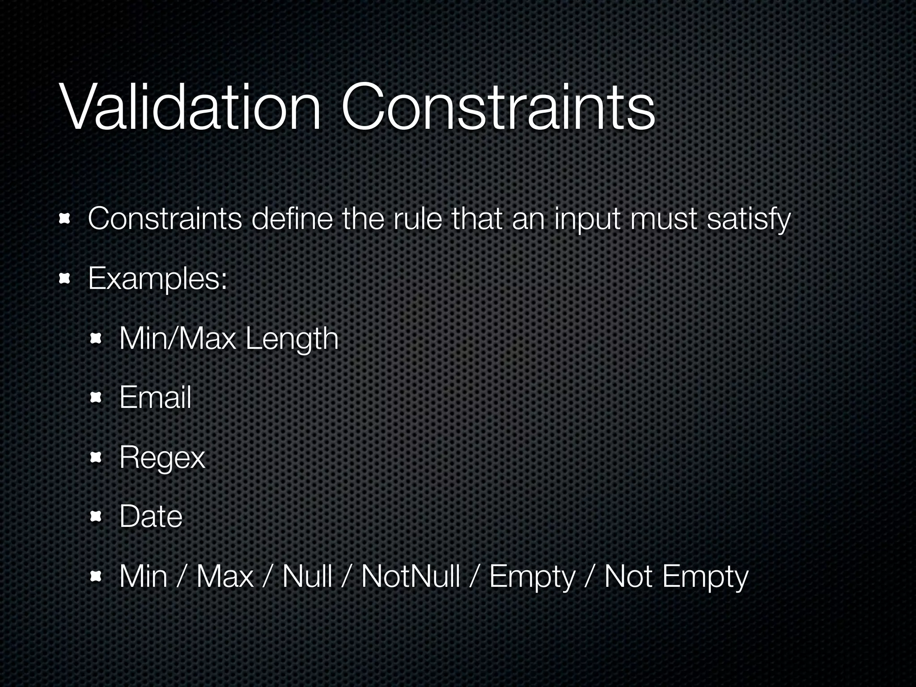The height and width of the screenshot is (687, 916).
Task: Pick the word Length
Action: (x=292, y=339)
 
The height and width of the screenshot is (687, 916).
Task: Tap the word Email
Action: (x=155, y=397)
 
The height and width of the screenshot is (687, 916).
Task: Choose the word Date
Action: (x=151, y=517)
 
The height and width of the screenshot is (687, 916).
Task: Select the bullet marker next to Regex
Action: (x=96, y=457)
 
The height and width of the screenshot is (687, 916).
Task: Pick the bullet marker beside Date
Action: (x=96, y=517)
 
